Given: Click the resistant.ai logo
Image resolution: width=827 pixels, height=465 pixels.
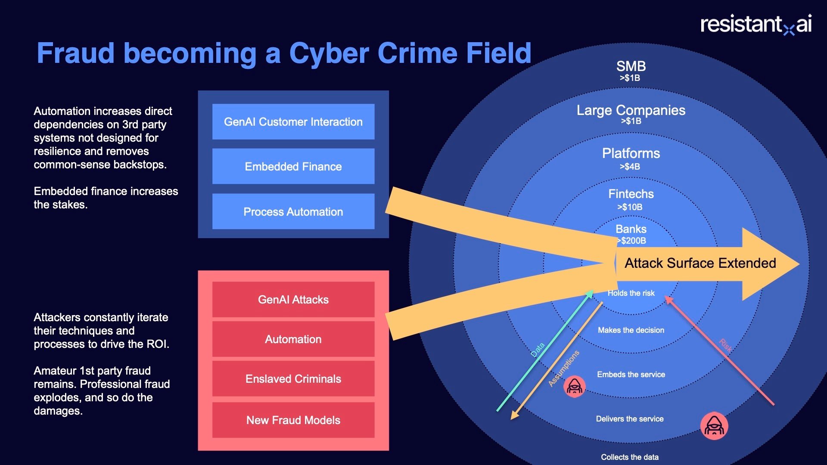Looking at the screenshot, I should [756, 24].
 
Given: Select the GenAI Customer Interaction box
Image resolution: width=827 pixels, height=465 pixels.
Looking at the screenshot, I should [293, 122].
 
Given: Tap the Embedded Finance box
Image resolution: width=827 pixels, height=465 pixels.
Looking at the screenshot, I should [293, 167].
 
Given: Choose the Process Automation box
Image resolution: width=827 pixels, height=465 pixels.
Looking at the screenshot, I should [293, 211].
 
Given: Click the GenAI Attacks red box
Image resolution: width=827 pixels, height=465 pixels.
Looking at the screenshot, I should [293, 300].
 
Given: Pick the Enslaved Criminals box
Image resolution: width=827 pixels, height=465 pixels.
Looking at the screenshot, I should [293, 379].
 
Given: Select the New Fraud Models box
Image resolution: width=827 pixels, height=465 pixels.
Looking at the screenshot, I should [293, 420].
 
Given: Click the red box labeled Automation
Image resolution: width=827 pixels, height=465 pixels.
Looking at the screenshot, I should [293, 339].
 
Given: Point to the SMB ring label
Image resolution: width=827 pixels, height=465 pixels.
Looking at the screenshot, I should [631, 66].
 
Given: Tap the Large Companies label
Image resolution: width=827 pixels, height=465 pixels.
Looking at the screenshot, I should [631, 110].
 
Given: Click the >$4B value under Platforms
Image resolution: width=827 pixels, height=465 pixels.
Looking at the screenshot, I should [630, 167].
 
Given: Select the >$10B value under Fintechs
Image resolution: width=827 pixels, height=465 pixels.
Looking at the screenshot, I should [630, 207].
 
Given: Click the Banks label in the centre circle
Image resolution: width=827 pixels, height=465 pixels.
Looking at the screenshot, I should [631, 229].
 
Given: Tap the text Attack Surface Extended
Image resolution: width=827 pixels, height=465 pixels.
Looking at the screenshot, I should [700, 263].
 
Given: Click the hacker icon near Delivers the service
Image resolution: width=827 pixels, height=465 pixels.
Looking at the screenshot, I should [714, 426].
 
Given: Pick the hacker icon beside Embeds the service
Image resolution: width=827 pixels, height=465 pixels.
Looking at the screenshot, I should [575, 387].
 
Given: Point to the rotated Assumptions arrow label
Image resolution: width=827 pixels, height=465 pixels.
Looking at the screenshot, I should [564, 369].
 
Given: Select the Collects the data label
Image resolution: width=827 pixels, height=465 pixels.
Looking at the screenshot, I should [630, 457].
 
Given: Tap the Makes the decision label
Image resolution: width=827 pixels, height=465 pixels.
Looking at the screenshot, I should [631, 330].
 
